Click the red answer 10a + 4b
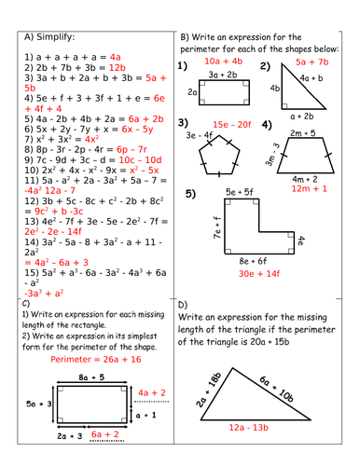[x=224, y=61]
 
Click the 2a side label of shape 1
[x=192, y=92]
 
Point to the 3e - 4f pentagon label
[x=201, y=136]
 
